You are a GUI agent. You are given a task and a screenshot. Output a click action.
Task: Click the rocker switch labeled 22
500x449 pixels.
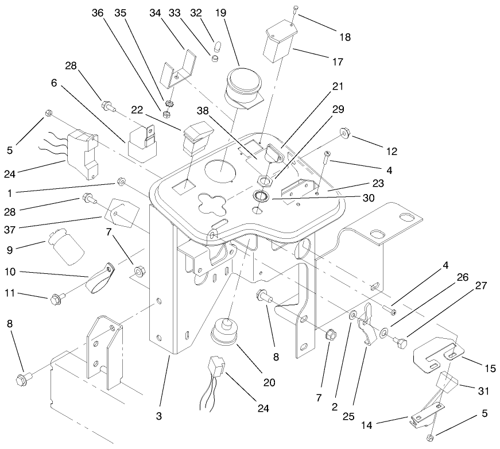(194, 139)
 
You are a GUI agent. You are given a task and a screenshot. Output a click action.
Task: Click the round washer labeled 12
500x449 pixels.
(345, 133)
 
